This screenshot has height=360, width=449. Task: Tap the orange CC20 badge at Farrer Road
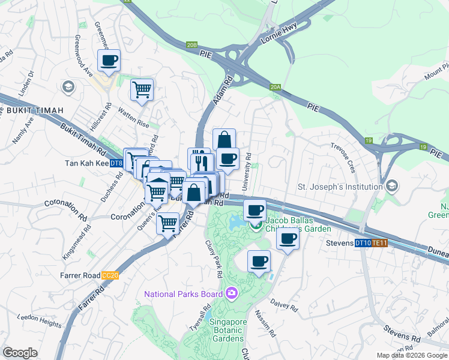pos(109,274)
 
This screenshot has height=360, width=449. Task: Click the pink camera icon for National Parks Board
pos(232,293)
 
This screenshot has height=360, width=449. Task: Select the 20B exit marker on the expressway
pos(191,44)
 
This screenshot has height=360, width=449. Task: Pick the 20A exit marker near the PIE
pos(276,87)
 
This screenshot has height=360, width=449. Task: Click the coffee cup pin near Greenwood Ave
pos(109,61)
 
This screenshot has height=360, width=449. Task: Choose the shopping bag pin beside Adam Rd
pos(224,140)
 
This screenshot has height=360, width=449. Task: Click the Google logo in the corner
pos(20,353)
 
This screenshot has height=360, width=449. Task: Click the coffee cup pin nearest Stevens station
pos(288,239)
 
